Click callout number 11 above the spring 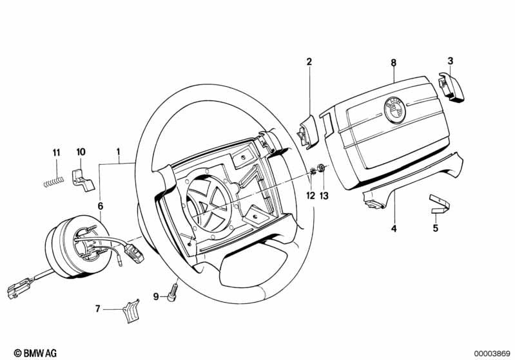click(56, 153)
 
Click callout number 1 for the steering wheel click(118, 153)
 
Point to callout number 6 click(100, 206)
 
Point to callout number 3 click(451, 61)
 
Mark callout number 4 click(394, 228)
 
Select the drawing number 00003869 click(491, 353)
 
